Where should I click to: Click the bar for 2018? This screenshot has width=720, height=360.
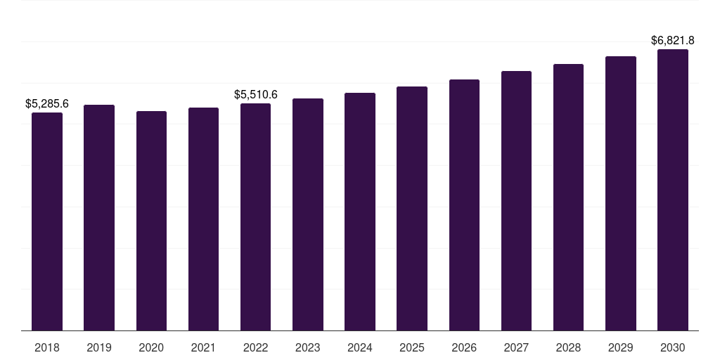tap(47, 221)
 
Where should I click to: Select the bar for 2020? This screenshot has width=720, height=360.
tap(152, 221)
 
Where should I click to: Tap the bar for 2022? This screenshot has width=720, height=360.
tap(255, 217)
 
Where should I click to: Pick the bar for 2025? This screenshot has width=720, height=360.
tap(412, 208)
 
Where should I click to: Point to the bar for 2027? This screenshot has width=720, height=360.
tap(516, 200)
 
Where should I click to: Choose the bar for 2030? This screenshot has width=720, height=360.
tap(673, 190)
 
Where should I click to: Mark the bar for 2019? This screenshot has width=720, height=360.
tap(99, 218)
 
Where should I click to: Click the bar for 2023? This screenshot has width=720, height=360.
tap(308, 214)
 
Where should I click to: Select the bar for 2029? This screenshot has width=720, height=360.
tap(621, 193)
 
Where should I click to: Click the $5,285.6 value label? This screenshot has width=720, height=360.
tap(47, 104)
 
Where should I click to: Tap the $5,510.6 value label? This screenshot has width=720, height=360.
tap(256, 95)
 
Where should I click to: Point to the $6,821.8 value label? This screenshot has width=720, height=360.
tap(673, 40)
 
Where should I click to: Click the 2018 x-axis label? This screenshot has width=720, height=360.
tap(47, 348)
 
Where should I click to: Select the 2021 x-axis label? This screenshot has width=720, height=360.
tap(203, 348)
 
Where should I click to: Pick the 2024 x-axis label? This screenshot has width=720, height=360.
tap(360, 348)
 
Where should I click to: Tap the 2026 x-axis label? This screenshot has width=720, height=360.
tap(464, 348)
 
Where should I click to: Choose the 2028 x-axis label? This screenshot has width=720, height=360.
tap(568, 348)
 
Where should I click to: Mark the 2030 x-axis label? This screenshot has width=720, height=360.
tap(673, 348)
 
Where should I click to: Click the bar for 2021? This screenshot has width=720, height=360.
tap(203, 219)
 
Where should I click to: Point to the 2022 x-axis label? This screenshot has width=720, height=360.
tap(255, 348)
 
